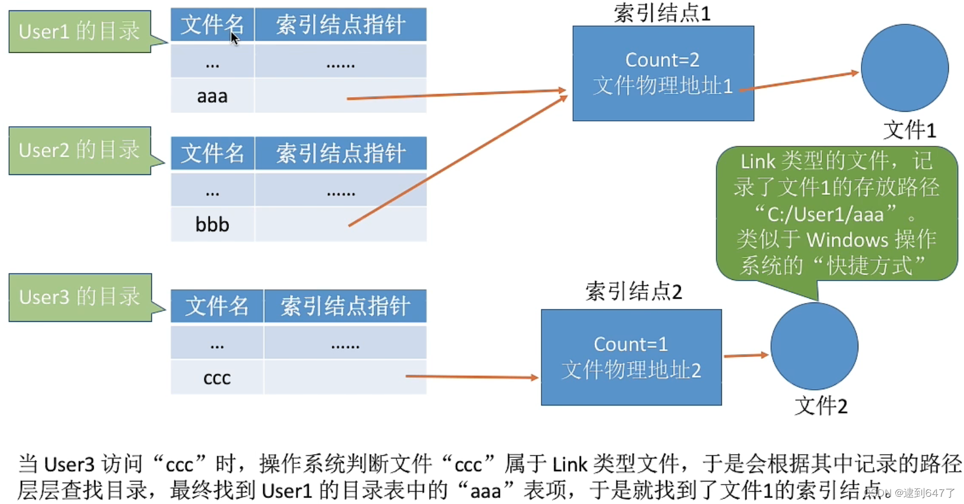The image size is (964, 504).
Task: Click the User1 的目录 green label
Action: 80,31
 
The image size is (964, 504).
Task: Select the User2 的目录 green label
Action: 80,150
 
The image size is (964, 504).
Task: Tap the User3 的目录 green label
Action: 80,297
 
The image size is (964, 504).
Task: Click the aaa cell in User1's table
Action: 212,96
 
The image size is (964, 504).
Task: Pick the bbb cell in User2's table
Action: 212,225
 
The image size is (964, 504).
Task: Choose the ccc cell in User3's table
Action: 217,378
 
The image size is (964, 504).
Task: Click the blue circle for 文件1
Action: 905,67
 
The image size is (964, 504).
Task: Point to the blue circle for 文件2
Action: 814,346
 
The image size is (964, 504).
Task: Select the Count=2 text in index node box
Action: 662,60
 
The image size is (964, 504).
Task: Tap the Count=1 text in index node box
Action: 631,344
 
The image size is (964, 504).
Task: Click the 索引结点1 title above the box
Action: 662,13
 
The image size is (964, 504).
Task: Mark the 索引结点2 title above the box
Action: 633,291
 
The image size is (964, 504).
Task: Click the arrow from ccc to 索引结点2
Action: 472,377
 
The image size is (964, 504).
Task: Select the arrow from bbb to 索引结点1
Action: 458,161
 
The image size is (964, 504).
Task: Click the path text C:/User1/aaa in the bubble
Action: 826,214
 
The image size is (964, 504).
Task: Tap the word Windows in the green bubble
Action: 847,240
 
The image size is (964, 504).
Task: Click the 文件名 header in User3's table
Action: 217,306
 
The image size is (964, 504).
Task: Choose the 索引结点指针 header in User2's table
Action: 341,154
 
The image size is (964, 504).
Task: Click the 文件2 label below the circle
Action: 821,406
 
